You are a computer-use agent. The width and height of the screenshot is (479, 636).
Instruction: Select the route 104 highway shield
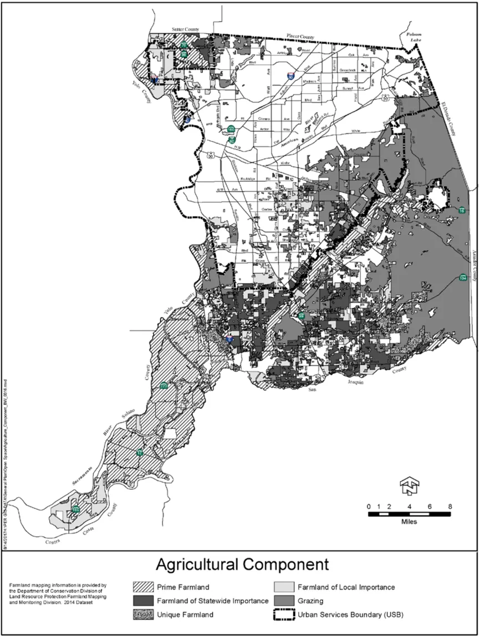[x=462, y=277]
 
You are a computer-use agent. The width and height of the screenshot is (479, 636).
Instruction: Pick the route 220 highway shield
[x=164, y=386]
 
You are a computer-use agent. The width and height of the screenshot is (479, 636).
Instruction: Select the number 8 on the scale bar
[x=450, y=506]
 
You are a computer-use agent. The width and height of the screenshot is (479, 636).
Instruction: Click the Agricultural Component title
[x=242, y=565]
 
